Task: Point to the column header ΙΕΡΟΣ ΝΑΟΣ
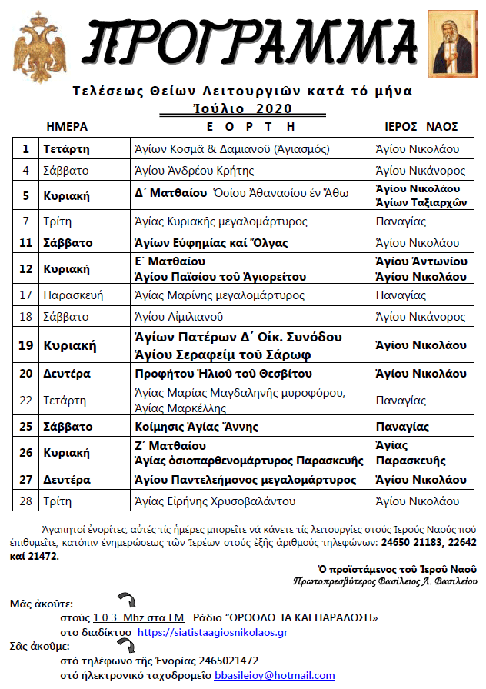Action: point(421,126)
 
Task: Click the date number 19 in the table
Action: point(26,345)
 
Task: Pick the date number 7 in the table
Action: point(26,221)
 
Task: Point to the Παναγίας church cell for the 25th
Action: point(401,427)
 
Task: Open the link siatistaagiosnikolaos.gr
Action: point(212,632)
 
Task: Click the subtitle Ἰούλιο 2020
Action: point(245,108)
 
